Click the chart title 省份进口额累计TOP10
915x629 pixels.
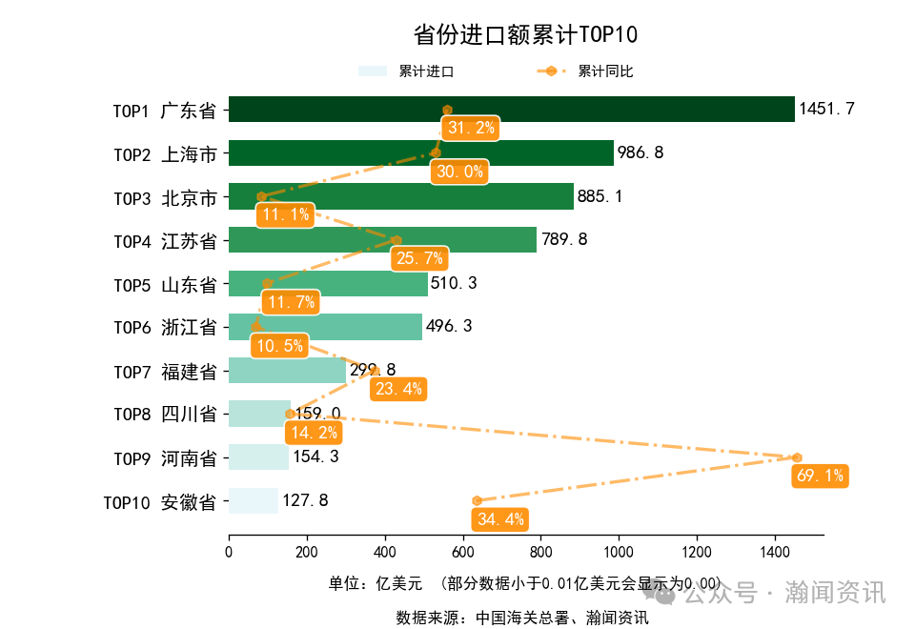525,35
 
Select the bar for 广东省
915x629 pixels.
511,110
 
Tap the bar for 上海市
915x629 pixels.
420,153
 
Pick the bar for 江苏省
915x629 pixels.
382,240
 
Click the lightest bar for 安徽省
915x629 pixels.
254,500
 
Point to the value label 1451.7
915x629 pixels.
826,110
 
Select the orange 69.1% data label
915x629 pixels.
820,476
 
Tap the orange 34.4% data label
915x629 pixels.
499,519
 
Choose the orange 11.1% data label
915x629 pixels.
286,214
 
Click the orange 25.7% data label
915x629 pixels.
419,258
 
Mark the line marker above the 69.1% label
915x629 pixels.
797,457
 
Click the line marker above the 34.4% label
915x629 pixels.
477,500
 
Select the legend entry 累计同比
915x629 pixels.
605,71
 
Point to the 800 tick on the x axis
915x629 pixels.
541,552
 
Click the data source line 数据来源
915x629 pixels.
522,618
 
